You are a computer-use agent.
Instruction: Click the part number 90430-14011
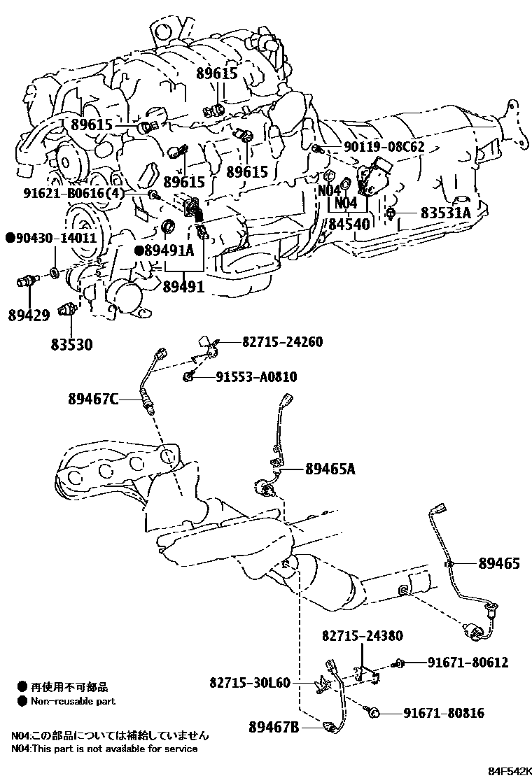pyautogui.click(x=48, y=238)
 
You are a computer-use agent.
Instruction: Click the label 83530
pyautogui.click(x=71, y=344)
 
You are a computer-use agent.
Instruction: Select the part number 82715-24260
pyautogui.click(x=282, y=342)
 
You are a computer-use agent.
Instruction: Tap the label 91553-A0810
pyautogui.click(x=255, y=377)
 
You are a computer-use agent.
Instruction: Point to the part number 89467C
pyautogui.click(x=93, y=399)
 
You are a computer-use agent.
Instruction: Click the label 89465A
pyautogui.click(x=330, y=469)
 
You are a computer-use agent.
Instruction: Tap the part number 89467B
pyautogui.click(x=274, y=728)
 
